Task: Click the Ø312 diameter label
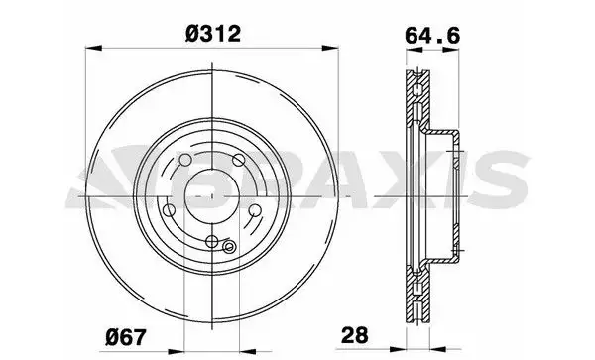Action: (x=213, y=34)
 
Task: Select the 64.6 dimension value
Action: (x=432, y=36)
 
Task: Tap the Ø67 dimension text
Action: (x=125, y=337)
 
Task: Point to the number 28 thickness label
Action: (x=355, y=335)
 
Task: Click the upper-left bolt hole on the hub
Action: (x=184, y=160)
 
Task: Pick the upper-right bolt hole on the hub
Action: (x=239, y=160)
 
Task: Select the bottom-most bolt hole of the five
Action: (x=212, y=241)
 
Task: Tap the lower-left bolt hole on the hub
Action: (x=169, y=210)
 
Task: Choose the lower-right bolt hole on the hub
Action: (x=255, y=210)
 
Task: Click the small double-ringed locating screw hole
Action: (x=228, y=247)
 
